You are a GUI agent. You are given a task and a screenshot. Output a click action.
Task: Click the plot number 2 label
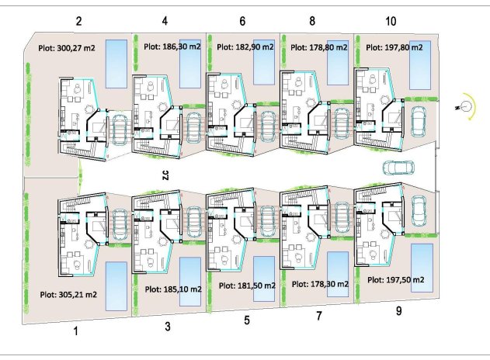(79, 21)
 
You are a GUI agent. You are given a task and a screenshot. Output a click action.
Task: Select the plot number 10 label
(390, 21)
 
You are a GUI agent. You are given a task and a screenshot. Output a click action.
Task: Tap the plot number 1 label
(76, 331)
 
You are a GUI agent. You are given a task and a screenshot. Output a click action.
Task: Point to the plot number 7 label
(319, 317)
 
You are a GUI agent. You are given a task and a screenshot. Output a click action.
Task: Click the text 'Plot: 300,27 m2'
(68, 47)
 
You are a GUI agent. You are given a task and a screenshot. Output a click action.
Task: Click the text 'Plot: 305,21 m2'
(68, 295)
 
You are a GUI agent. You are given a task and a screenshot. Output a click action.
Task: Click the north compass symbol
(468, 108)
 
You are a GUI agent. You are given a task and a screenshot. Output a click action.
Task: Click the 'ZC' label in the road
(165, 175)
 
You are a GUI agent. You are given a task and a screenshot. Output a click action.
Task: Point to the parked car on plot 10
(418, 121)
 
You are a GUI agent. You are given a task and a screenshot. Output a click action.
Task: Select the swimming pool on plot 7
(338, 274)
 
